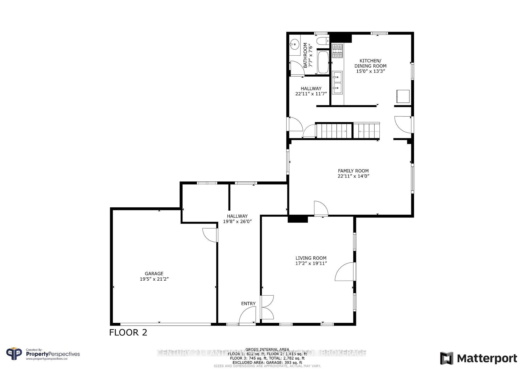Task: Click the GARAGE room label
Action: [x=154, y=274]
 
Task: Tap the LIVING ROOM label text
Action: [x=311, y=258]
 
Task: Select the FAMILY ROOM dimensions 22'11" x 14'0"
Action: [x=353, y=176]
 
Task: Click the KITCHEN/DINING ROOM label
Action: [x=370, y=63]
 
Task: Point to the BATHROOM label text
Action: [x=305, y=55]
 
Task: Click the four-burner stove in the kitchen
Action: [x=337, y=51]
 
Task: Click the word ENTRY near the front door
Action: [x=248, y=304]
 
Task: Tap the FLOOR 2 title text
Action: [x=128, y=332]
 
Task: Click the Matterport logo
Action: [x=478, y=358]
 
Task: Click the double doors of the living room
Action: [x=267, y=307]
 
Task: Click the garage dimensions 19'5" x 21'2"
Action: [x=154, y=279]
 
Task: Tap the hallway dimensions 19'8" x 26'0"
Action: [x=237, y=222]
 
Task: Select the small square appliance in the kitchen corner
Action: [x=403, y=96]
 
